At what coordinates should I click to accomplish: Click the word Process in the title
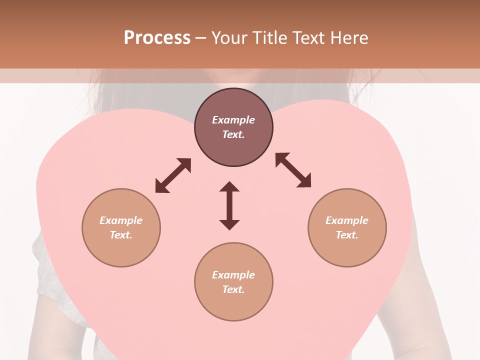pos(157,38)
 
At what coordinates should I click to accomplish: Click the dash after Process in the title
pos(201,38)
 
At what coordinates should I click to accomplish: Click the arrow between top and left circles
pos(173,175)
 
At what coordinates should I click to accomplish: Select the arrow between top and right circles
pos(293,170)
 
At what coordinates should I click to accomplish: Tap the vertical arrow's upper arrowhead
pos(229,187)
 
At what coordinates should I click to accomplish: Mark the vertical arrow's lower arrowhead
pos(229,224)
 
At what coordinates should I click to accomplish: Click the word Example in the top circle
pos(233,120)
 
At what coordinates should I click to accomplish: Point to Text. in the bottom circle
pos(233,289)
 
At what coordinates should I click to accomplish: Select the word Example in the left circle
pos(121,220)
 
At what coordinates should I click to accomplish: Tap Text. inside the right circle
pos(347,235)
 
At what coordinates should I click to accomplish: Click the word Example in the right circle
pos(347,220)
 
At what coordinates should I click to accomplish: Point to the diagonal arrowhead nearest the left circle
pos(161,187)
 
